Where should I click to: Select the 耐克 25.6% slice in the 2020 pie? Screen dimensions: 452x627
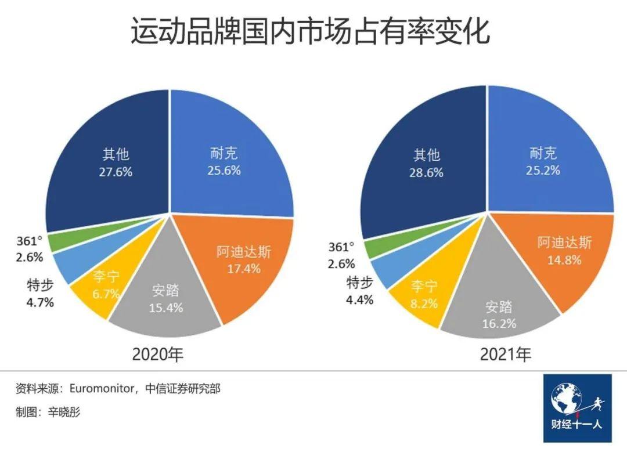(226, 162)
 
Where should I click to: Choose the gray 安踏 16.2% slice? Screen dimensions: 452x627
(499, 313)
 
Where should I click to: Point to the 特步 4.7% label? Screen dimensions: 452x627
(41, 294)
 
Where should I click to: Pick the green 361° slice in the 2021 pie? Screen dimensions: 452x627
(375, 248)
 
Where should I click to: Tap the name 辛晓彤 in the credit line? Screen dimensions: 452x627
(64, 412)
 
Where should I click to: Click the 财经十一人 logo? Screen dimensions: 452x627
(577, 408)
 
